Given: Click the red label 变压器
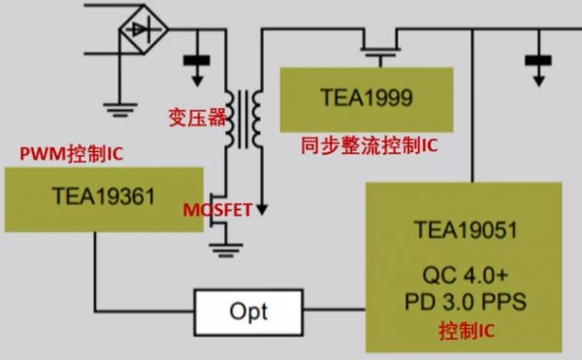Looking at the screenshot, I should pyautogui.click(x=192, y=117).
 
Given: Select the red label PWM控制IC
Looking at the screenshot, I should pyautogui.click(x=71, y=152).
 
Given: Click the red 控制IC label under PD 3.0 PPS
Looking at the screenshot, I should pyautogui.click(x=466, y=332).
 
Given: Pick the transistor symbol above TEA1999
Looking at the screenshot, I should pyautogui.click(x=381, y=47).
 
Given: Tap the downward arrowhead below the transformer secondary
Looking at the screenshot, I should pyautogui.click(x=259, y=208).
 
